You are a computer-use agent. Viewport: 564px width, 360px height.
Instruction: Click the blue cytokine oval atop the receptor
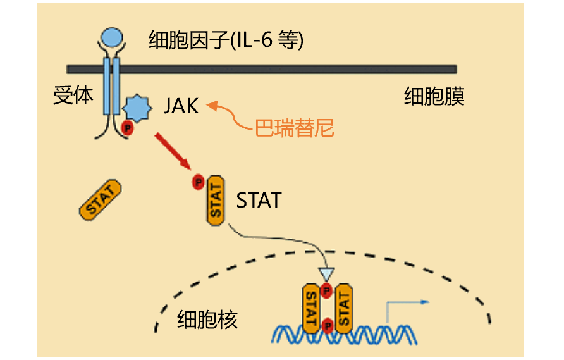113,37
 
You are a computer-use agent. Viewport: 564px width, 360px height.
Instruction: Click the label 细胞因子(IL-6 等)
226,40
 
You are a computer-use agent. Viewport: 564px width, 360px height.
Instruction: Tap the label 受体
73,96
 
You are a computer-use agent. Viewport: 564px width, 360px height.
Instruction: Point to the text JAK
181,106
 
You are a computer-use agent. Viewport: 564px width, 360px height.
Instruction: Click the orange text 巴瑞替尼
294,128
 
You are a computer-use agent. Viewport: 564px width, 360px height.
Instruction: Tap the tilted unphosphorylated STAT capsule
101,200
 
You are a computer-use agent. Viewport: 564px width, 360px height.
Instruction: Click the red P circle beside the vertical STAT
199,183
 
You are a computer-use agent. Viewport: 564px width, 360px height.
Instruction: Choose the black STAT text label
259,201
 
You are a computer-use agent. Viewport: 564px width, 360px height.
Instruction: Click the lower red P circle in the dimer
328,325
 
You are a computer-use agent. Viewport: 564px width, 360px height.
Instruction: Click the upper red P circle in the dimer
327,291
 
